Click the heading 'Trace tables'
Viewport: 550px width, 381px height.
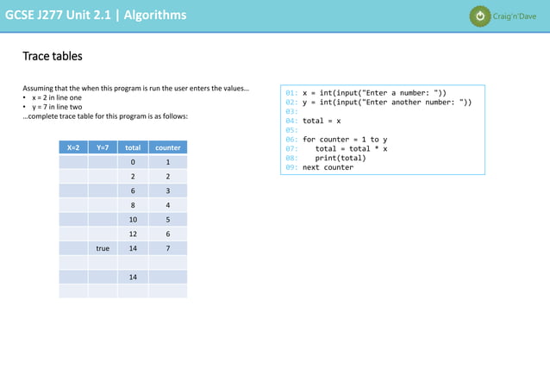tap(53, 56)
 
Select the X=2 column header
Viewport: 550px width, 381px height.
tap(73, 147)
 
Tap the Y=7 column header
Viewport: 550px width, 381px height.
tap(103, 147)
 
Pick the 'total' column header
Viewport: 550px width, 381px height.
tap(133, 147)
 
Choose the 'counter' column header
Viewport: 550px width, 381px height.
tap(167, 147)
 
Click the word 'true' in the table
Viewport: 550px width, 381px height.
tap(103, 248)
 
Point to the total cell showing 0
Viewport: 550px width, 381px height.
tap(133, 162)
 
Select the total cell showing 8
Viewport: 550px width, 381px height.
tap(133, 205)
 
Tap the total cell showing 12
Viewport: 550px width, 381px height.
tap(133, 234)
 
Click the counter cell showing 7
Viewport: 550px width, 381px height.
tap(167, 248)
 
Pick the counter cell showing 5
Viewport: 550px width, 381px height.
tap(167, 220)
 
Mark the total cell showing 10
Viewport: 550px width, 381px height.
tap(133, 220)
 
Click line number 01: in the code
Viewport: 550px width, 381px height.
tap(291, 93)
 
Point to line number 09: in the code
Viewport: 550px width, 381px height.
tap(291, 167)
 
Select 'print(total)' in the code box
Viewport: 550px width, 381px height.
tap(341, 158)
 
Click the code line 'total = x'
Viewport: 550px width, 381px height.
tap(322, 121)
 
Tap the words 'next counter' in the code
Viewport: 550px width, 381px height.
tap(328, 167)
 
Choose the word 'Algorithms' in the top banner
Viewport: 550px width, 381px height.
tap(154, 15)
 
